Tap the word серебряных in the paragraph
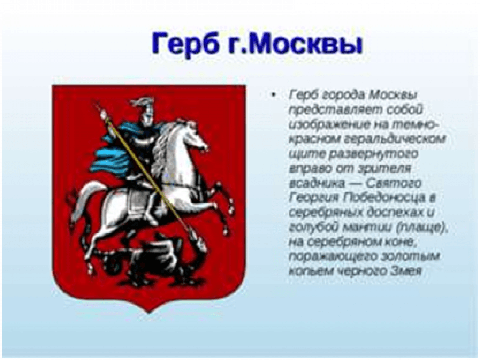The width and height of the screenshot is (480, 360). coord(325,212)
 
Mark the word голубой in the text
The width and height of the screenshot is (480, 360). coord(313,227)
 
